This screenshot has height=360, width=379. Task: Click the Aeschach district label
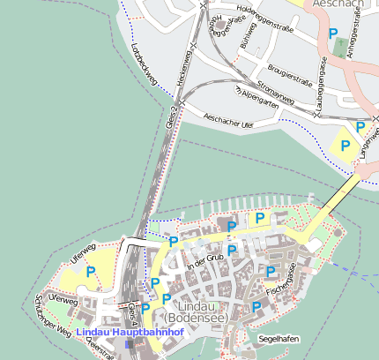pos(338,4)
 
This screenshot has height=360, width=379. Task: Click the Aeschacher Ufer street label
pos(227,121)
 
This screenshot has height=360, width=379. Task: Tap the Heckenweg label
pos(185,65)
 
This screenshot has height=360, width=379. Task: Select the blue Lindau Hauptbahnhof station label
pos(129,333)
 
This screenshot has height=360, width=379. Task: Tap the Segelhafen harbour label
pos(278,338)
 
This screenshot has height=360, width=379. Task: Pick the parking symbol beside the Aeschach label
pos(333,34)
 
